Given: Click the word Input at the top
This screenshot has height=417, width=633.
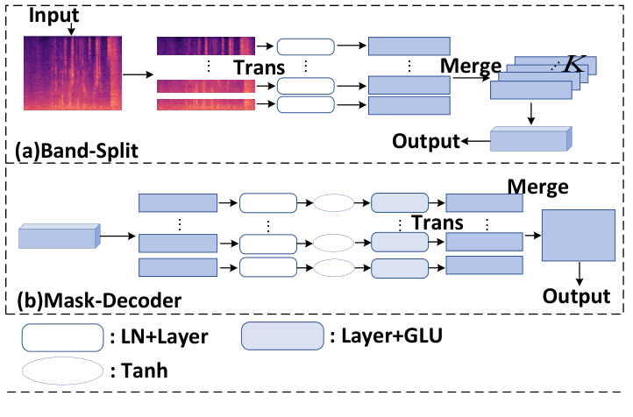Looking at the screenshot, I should pyautogui.click(x=53, y=15).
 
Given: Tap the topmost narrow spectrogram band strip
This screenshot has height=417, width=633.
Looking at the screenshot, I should pyautogui.click(x=205, y=47).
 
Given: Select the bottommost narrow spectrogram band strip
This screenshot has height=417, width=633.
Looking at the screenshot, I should pyautogui.click(x=205, y=105).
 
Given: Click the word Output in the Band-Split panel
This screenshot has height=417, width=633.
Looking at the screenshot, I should pyautogui.click(x=425, y=141).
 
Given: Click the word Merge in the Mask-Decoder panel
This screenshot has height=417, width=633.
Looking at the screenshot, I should pyautogui.click(x=538, y=187).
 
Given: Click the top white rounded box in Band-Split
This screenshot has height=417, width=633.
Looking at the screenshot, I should pyautogui.click(x=305, y=47).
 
